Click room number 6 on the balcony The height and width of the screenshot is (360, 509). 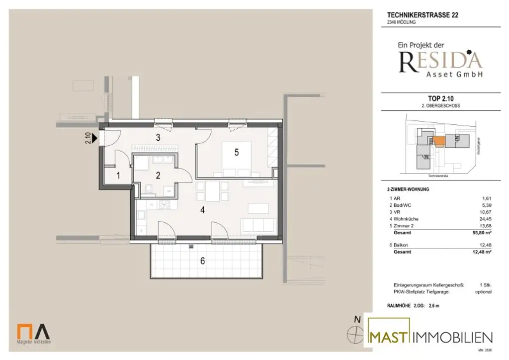click(202, 261)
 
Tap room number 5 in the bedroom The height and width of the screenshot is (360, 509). click(237, 153)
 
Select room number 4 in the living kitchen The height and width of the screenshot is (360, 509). click(202, 210)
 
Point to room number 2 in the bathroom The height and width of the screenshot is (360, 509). click(158, 175)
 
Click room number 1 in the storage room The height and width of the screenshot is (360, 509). click(118, 175)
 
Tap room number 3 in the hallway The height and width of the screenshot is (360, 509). click(158, 138)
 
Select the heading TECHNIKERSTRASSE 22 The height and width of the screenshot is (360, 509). click(423, 15)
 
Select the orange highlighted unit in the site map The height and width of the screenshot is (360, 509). click(438, 141)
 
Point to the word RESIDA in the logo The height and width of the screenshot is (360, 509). click(440, 61)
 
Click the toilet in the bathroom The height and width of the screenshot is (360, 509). click(149, 188)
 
